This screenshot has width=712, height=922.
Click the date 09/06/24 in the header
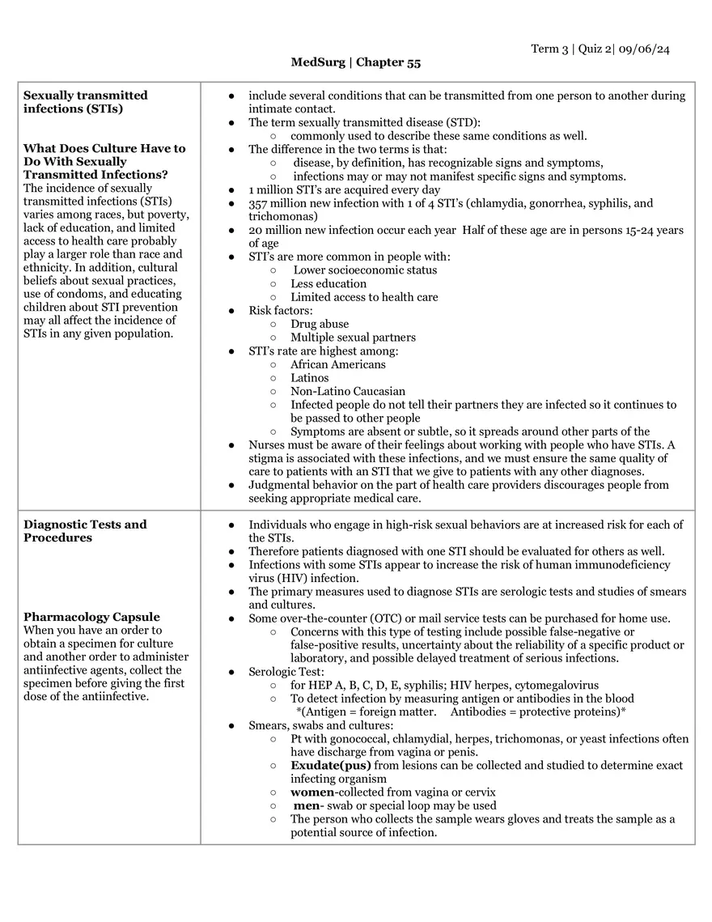pos(644,49)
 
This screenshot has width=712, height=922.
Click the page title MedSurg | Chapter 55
pos(356,62)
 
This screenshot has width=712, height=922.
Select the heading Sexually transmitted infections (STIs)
pos(85,102)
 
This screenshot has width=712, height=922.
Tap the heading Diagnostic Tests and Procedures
pos(85,531)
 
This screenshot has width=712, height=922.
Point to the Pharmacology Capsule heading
pos(91,617)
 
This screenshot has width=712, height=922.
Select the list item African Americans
pos(338,364)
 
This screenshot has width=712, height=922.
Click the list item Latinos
pos(310,378)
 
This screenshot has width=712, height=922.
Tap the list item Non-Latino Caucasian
pos(348,391)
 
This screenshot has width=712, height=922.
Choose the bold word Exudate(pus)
pos(331,765)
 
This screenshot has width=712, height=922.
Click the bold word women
pos(312,792)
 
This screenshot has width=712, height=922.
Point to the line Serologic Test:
pos(286,672)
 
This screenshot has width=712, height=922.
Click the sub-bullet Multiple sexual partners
pos(353,338)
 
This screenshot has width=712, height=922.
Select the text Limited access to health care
pos(364,297)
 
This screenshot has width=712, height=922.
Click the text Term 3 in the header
pos(549,49)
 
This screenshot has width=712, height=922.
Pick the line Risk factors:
pos(280,311)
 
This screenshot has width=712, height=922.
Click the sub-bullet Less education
pos(328,283)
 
